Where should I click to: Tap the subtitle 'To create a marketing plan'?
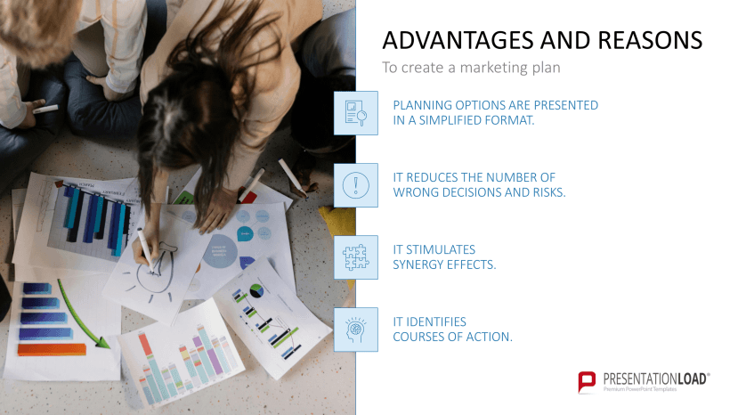coord(471,68)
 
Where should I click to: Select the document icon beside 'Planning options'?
coord(355,112)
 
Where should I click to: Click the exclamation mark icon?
coord(355,184)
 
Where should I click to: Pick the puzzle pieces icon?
coord(355,256)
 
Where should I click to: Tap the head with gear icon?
coord(355,329)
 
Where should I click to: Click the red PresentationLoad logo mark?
coord(587,382)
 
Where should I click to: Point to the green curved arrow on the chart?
coord(85,316)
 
